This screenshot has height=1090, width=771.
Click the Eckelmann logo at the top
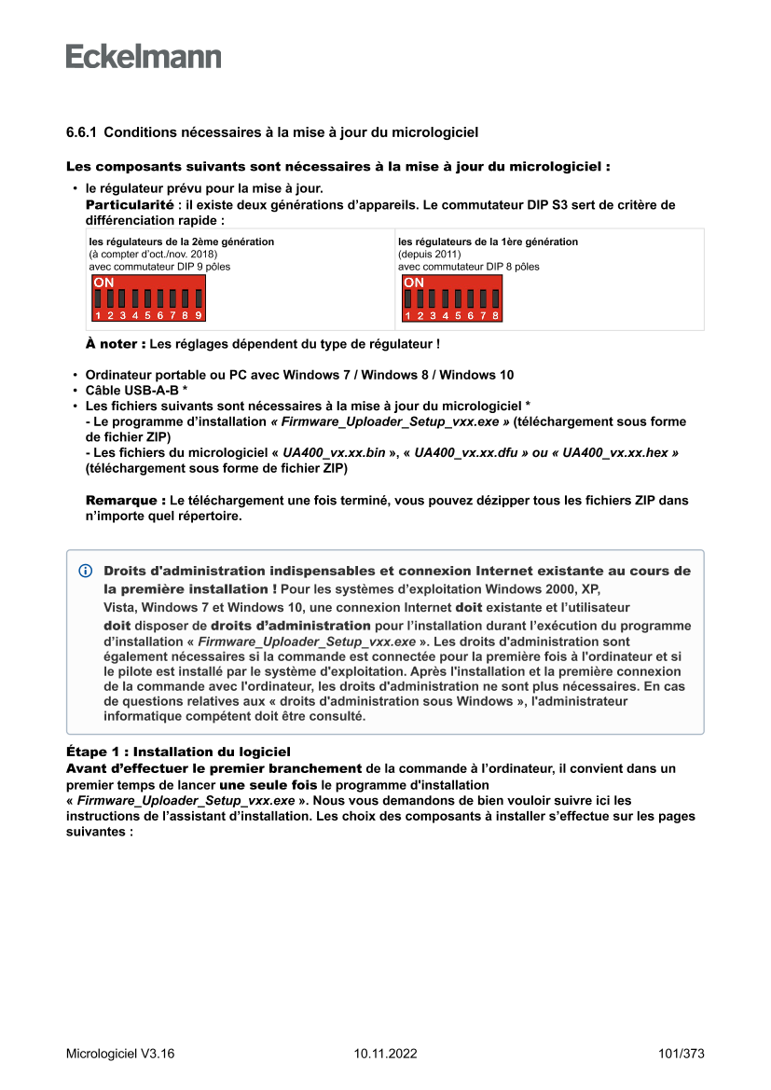pos(144,57)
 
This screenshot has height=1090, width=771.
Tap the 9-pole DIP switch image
pos(147,298)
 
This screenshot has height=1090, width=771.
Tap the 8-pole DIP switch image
pos(451,298)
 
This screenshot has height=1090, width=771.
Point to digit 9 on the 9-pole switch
pos(198,316)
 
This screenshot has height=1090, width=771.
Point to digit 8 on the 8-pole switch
pos(495,316)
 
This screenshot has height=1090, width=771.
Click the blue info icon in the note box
pos(86,571)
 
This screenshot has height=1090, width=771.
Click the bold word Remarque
pos(126,500)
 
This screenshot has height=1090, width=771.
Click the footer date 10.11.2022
pos(385,1054)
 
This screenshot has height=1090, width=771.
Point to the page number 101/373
pos(681,1054)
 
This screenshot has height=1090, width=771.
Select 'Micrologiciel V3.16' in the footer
pos(120,1054)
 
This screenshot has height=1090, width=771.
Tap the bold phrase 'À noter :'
pos(116,344)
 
